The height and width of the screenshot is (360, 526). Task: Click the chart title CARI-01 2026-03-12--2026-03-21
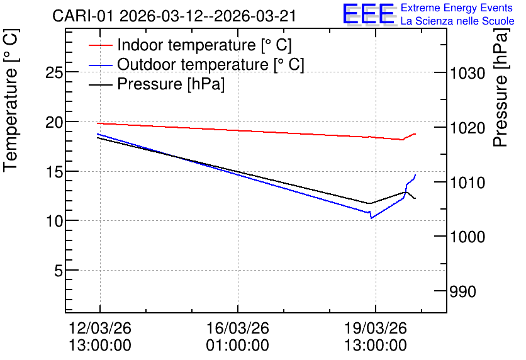174,16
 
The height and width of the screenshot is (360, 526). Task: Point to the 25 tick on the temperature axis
54,72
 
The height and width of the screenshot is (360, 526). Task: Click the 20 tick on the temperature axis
54,122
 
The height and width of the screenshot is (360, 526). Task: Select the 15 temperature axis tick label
54,172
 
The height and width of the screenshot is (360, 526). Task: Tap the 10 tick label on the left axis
54,221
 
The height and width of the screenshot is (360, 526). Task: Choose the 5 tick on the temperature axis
59,271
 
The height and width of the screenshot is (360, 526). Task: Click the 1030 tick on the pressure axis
467,73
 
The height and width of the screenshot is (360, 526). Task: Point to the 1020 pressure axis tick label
467,128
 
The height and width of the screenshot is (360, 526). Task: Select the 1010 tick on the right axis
467,183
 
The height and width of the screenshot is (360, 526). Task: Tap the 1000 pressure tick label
467,237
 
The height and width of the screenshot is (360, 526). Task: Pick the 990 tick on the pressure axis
462,291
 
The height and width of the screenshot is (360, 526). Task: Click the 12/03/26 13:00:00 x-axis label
100,337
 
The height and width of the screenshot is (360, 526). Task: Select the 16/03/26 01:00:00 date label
237,337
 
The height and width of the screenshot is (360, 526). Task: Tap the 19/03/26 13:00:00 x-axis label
376,337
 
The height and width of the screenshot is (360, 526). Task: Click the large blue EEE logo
368,14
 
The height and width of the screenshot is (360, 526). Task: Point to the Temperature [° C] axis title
11,101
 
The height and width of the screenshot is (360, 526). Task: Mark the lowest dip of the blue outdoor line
371,218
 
